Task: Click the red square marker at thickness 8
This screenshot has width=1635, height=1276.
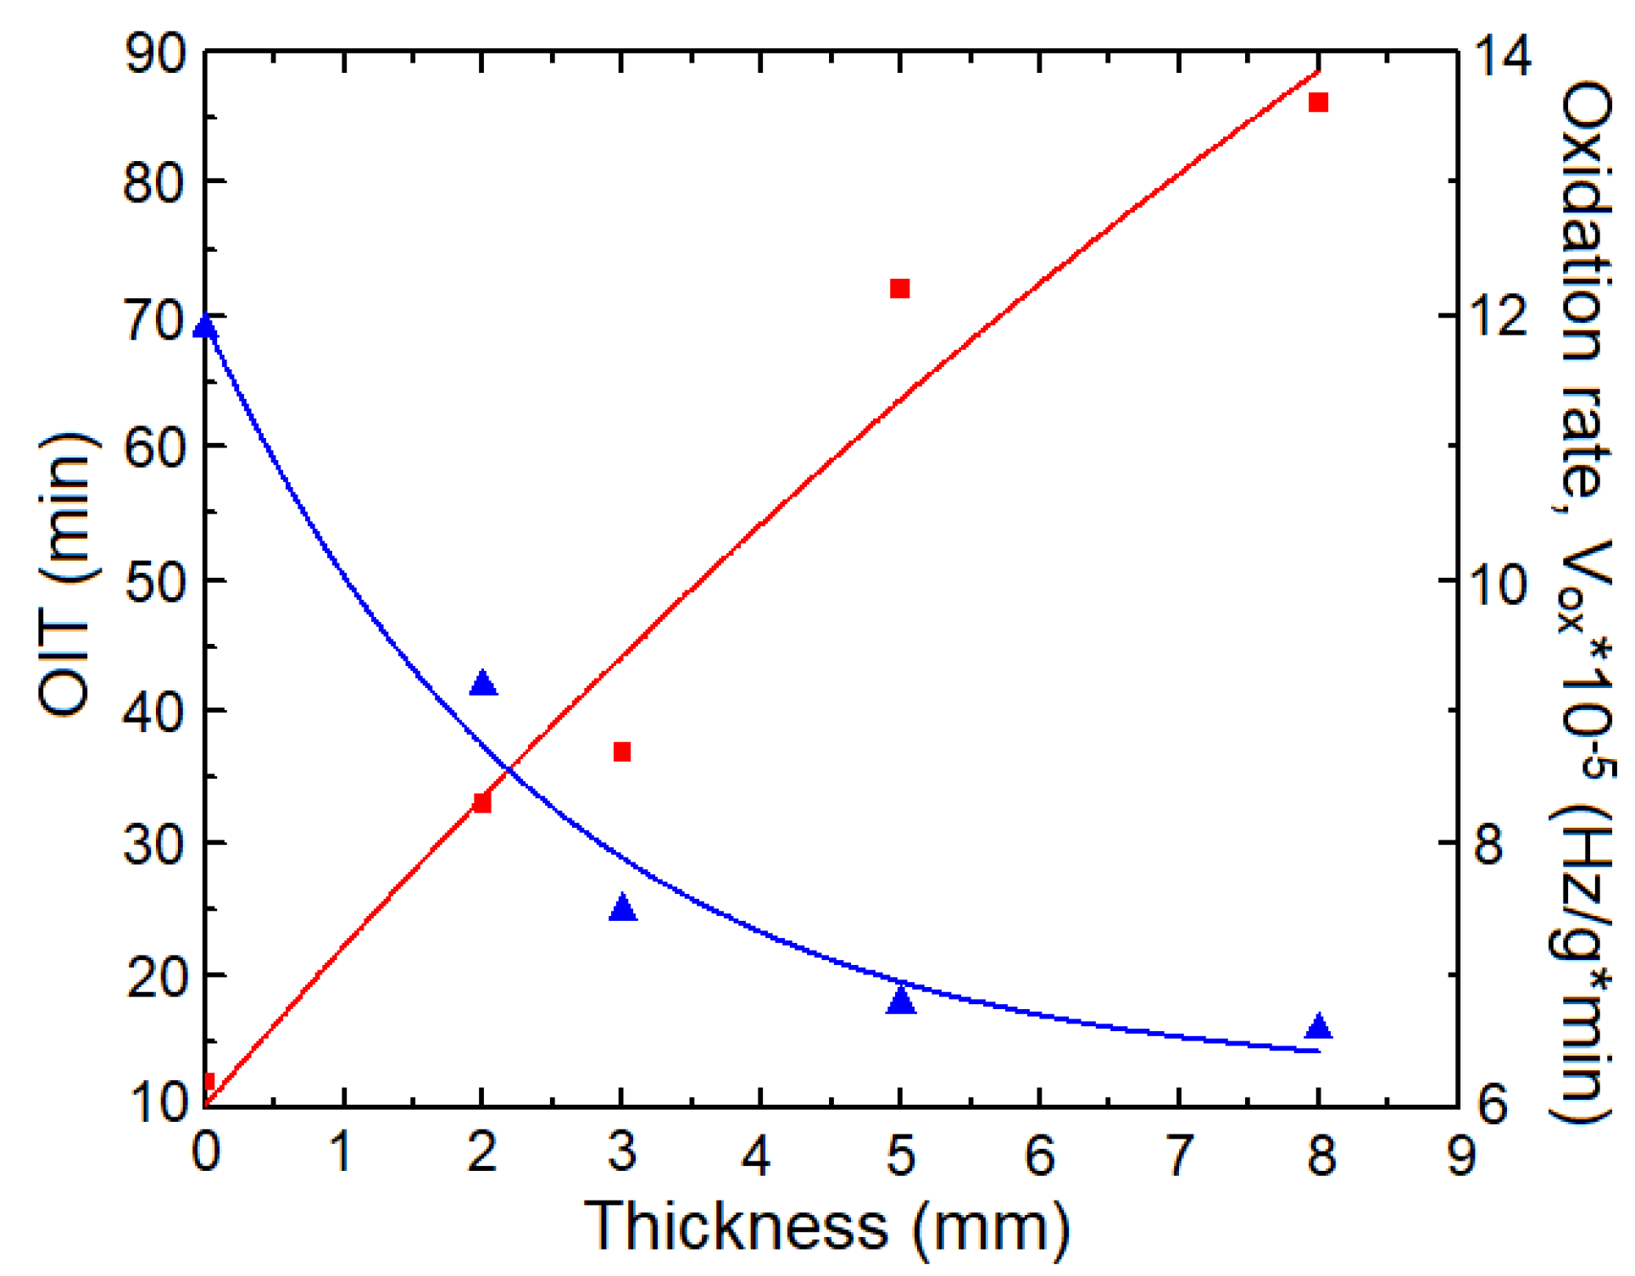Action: coord(1318,103)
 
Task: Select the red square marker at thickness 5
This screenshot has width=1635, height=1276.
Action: coord(900,289)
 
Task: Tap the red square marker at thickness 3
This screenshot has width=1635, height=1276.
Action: coord(622,752)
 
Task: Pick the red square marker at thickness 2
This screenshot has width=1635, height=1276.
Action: coord(482,802)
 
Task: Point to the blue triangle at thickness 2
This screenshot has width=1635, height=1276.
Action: coord(483,684)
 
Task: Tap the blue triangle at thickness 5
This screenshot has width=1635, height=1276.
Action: coord(901,1001)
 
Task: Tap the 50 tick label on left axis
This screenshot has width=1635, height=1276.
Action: coord(155,582)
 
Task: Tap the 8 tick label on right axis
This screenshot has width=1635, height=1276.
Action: coord(1490,845)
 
